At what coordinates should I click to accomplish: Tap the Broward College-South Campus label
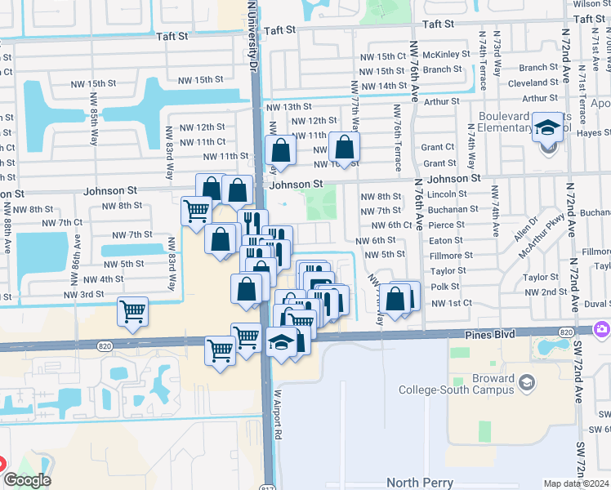click(472, 384)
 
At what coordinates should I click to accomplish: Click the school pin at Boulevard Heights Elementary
click(546, 127)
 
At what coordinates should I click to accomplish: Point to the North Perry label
click(419, 483)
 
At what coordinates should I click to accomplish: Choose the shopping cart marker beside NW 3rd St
click(132, 311)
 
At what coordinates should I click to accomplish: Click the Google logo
click(27, 480)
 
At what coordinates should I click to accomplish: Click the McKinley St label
click(448, 55)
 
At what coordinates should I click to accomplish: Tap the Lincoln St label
click(447, 194)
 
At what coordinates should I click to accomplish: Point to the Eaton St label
click(446, 240)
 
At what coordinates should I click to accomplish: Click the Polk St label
click(445, 287)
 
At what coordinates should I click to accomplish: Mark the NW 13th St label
click(292, 106)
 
